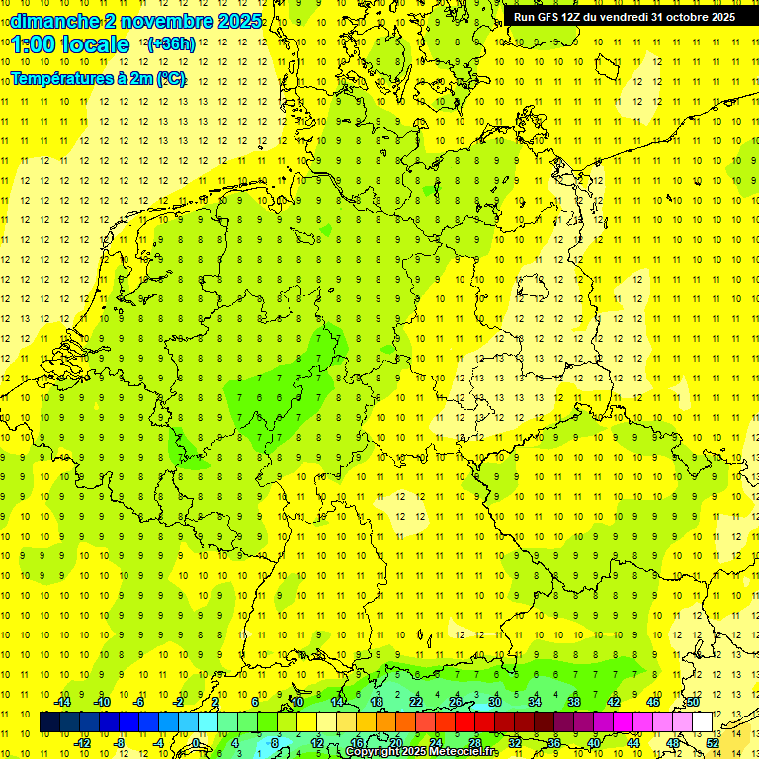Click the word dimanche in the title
tap(55, 21)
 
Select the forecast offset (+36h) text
tap(171, 44)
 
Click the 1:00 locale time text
tap(70, 44)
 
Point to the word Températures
tap(62, 78)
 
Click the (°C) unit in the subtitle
tap(170, 78)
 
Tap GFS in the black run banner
tap(550, 17)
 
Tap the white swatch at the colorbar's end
tap(702, 721)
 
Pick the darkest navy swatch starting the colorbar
tap(49, 721)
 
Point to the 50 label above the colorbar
tap(693, 702)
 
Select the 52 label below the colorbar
tap(713, 742)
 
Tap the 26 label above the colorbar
tap(456, 702)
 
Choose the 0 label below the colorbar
tap(195, 742)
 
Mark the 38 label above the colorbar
tap(574, 702)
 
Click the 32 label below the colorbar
tap(515, 742)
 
